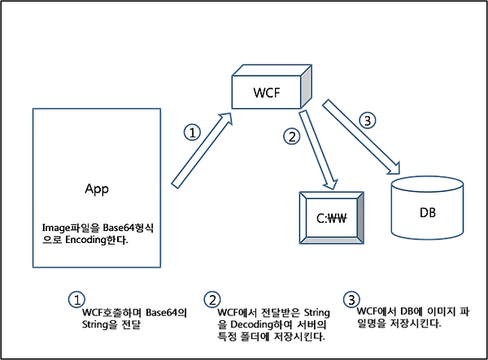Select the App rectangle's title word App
[x=97, y=189]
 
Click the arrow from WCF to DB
[x=363, y=135]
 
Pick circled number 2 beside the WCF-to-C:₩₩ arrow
[x=292, y=137]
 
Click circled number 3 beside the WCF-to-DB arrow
[x=368, y=122]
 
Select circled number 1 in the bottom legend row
[x=76, y=300]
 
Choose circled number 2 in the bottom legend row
[x=213, y=300]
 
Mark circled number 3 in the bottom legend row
[x=351, y=300]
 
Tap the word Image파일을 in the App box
[x=69, y=228]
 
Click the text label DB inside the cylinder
[x=427, y=213]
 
